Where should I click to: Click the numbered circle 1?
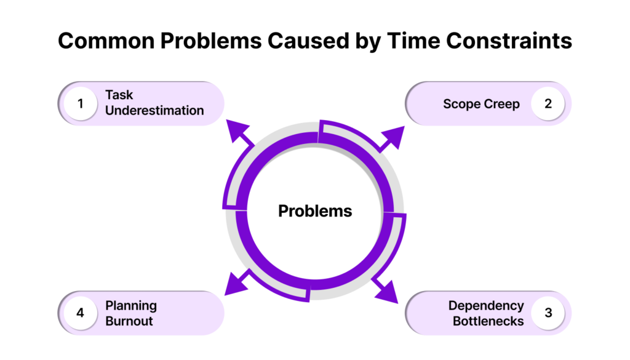[81, 103]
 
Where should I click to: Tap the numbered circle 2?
[548, 103]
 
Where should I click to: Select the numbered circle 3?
[548, 313]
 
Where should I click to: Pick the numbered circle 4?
[81, 313]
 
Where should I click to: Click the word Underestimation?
[154, 111]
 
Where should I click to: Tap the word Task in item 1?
[119, 95]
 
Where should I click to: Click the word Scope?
[461, 105]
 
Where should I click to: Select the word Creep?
[502, 105]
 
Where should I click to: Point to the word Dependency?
[486, 306]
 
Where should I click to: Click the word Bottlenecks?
[488, 321]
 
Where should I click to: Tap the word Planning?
[131, 306]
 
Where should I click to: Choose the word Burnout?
[129, 321]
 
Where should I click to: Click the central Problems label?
[315, 211]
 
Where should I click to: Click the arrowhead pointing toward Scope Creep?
[393, 137]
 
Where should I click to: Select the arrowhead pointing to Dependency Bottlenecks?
[388, 292]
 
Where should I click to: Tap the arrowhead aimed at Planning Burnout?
[237, 284]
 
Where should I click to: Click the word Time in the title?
[413, 41]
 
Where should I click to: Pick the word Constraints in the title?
[509, 41]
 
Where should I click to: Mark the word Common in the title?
[106, 41]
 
